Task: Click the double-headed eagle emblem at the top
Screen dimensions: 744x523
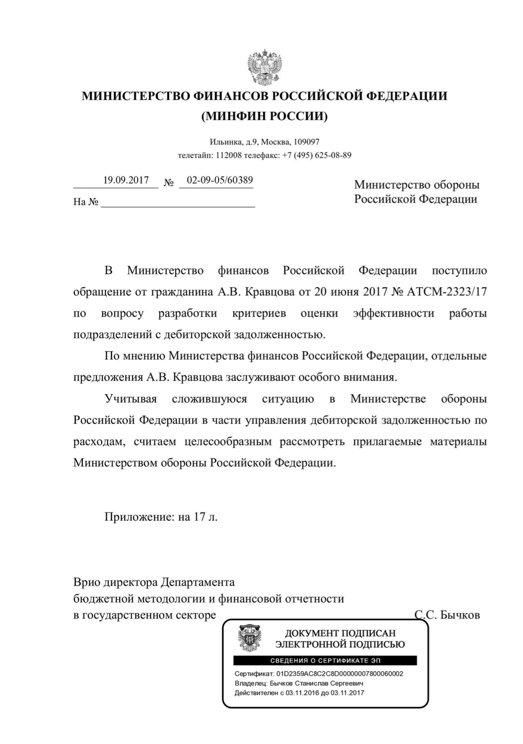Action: [264, 67]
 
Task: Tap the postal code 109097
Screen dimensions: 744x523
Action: [306, 142]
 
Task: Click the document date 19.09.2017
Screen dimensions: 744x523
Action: [126, 181]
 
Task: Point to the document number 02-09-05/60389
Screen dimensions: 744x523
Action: [220, 181]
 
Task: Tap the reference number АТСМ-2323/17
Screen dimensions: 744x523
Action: [447, 292]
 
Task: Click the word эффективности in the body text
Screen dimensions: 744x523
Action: [393, 313]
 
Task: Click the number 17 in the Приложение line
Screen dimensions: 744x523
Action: [199, 517]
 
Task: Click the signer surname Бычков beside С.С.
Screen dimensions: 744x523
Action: [460, 615]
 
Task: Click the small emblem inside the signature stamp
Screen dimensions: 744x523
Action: [249, 638]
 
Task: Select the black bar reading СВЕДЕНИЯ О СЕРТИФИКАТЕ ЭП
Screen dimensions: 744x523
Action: [325, 661]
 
